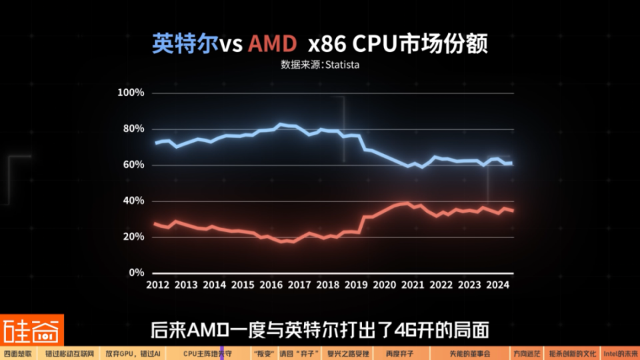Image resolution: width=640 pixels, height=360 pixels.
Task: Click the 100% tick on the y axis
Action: pos(131,93)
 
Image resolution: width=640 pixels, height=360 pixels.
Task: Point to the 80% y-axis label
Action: pos(133,129)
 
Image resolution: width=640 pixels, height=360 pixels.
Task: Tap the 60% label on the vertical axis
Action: pos(133,165)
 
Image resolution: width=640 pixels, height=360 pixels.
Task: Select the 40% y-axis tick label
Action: pos(133,201)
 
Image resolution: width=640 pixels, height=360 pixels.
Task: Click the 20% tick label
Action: pos(133,237)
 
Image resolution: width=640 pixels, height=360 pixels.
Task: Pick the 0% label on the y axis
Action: pos(136,273)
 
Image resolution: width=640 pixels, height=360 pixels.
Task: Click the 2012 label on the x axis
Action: pos(157,285)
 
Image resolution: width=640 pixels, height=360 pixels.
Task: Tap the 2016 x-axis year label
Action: pos(271,285)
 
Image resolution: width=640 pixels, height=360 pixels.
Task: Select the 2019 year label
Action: pos(356,285)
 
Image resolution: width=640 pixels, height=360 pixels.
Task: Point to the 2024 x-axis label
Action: pos(498,285)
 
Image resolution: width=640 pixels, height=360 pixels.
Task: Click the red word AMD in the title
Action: pos(271,44)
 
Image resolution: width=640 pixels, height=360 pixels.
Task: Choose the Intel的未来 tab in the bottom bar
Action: pos(621,353)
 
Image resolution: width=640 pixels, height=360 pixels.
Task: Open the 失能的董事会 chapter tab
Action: pos(469,353)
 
